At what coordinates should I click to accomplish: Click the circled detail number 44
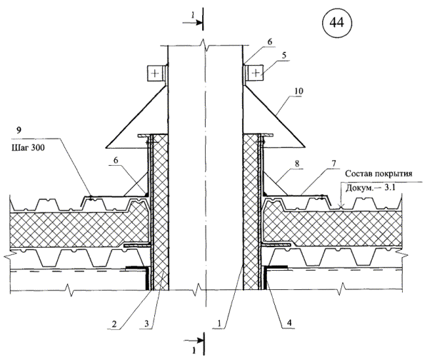coord(337,23)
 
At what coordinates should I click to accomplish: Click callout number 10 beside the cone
coord(298,91)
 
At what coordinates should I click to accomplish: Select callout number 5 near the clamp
coord(284,55)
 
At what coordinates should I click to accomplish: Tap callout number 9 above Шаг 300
coord(19,131)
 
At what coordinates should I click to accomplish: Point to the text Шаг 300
coord(28,148)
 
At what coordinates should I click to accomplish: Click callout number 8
coord(297,164)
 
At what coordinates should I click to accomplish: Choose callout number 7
coord(334,164)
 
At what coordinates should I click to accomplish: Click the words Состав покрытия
coord(378,174)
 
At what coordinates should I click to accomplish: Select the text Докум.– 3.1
coord(371,188)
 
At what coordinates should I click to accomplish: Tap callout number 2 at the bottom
coord(114,324)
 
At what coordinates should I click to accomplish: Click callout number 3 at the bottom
coord(146,324)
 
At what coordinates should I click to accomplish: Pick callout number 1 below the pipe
coord(218,324)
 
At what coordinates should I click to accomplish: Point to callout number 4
coord(289,323)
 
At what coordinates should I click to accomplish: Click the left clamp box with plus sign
coord(155,73)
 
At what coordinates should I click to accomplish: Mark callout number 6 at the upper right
coord(270,41)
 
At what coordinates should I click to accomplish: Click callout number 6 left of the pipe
coord(116,160)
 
